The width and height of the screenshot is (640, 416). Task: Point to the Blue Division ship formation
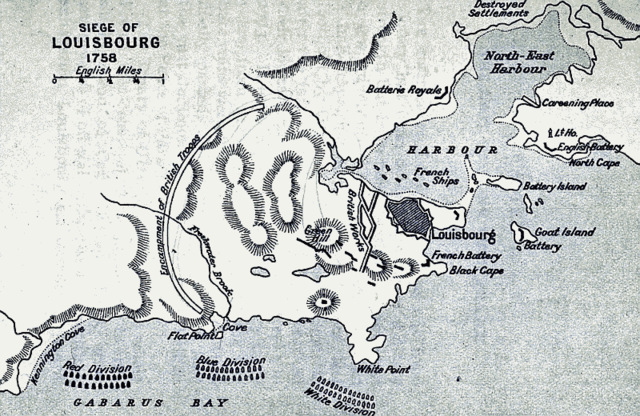[x=231, y=372]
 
